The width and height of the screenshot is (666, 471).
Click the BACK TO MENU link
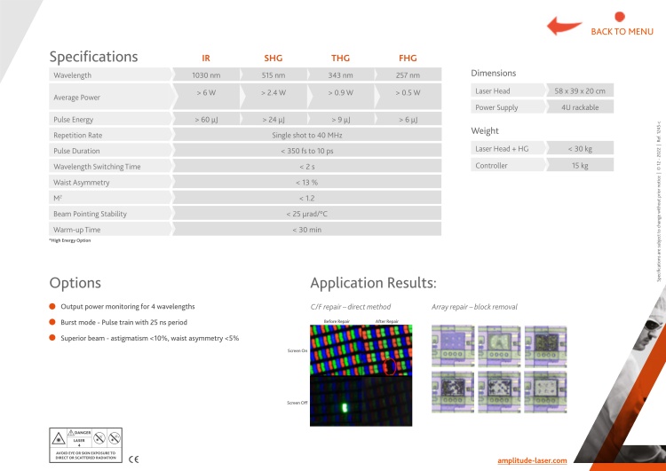(x=622, y=32)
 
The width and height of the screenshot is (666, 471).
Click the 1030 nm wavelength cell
(x=206, y=75)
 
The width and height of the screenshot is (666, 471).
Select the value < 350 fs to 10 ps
(x=306, y=152)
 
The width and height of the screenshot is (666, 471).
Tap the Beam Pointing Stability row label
(x=90, y=214)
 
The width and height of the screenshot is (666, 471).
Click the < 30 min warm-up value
(x=306, y=230)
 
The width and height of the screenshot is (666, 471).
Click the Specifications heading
(x=93, y=57)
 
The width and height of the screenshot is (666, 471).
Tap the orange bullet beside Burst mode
(x=53, y=322)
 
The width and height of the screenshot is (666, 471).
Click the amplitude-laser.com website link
(x=532, y=461)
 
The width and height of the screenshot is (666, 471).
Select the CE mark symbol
(x=134, y=459)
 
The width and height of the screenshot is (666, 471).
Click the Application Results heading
(x=373, y=283)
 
